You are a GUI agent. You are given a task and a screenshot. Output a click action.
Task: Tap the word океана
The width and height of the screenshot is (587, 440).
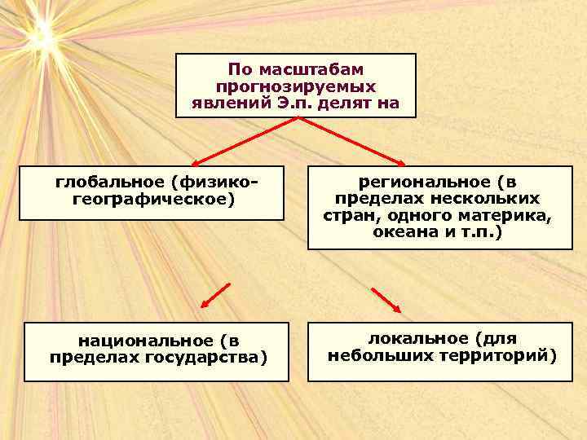pyautogui.click(x=400, y=232)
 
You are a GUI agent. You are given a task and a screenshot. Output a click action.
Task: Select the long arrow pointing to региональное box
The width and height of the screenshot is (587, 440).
pyautogui.click(x=351, y=141)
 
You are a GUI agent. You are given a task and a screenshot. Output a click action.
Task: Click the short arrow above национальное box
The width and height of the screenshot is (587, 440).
pyautogui.click(x=216, y=295)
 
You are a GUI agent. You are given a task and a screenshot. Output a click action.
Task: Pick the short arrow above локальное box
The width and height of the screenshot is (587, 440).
pyautogui.click(x=386, y=300)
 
